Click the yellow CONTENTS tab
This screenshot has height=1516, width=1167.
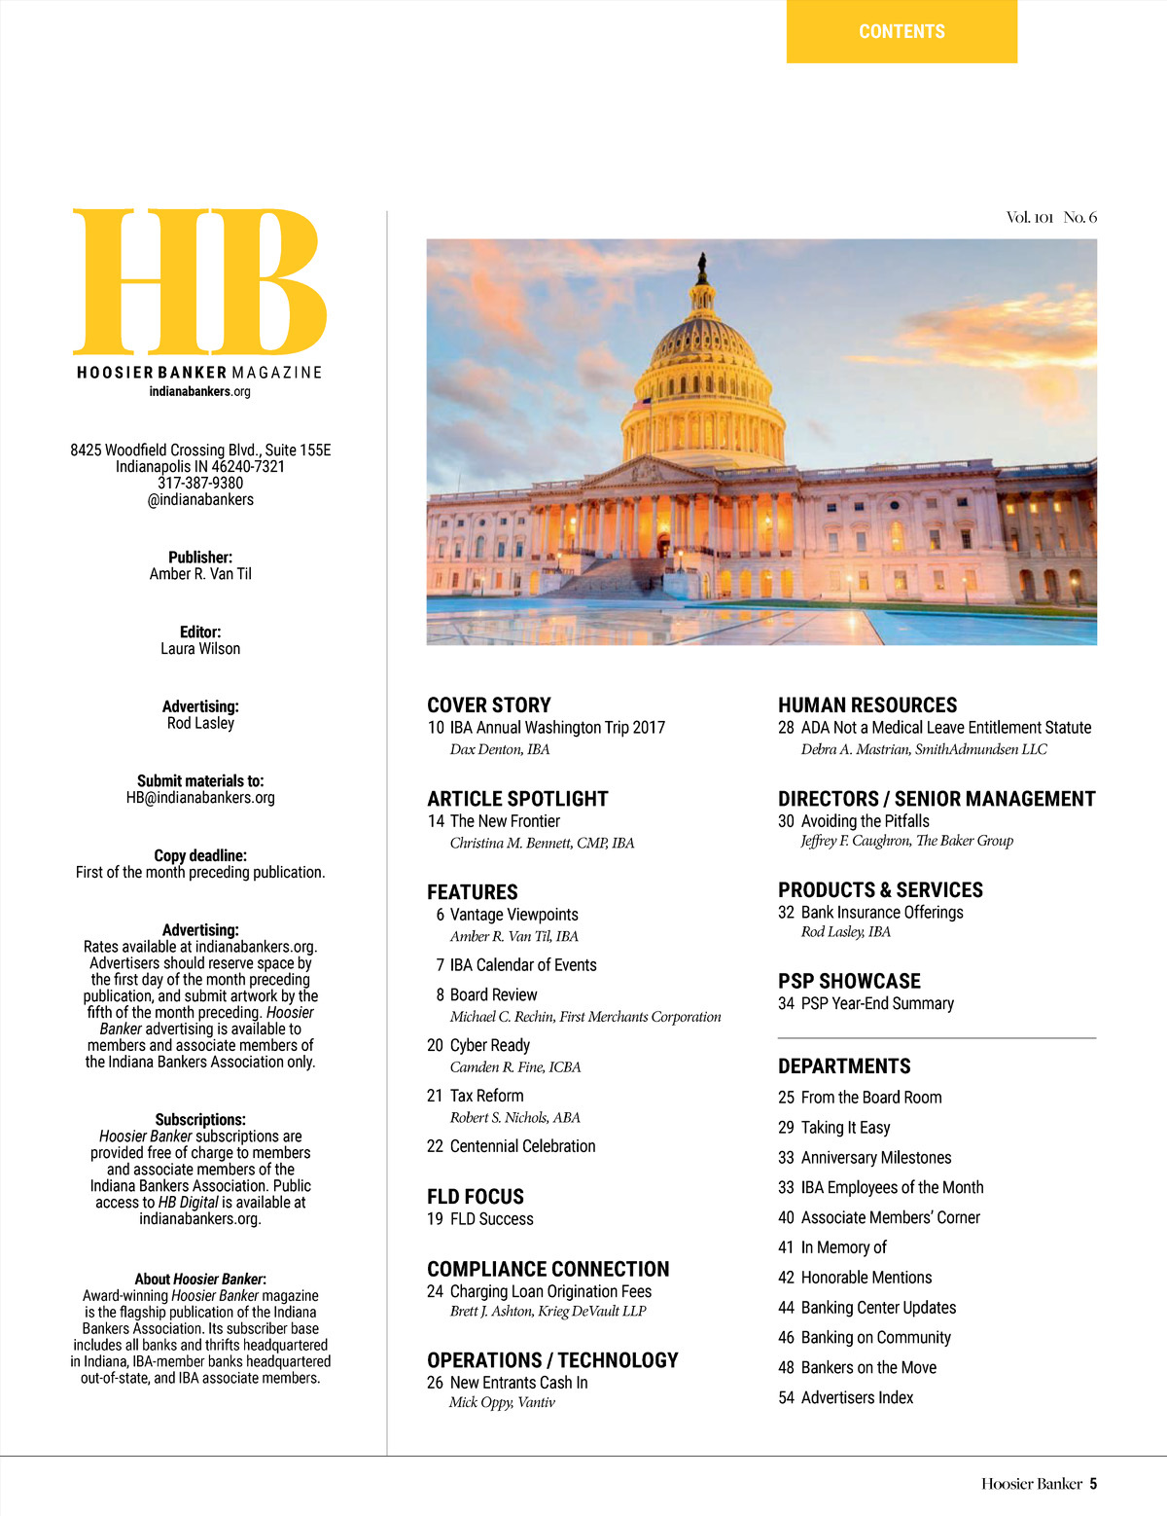(902, 32)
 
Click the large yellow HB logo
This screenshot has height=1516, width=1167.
(199, 281)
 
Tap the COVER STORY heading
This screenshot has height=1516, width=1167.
(489, 705)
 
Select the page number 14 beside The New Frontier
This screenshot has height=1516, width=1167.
(436, 821)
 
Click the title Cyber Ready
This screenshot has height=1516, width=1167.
(490, 1045)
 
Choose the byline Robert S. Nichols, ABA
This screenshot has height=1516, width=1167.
(515, 1117)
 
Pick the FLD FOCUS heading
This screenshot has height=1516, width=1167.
(476, 1197)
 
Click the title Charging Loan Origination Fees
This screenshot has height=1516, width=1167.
(550, 1291)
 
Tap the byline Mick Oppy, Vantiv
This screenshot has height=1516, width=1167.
(502, 1402)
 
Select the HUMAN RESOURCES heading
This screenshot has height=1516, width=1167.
(867, 705)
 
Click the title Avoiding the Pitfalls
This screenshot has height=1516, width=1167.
(865, 821)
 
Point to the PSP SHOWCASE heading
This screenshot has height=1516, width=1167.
(849, 981)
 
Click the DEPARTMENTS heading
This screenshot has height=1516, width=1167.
(844, 1066)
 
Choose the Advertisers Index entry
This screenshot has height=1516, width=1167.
(857, 1397)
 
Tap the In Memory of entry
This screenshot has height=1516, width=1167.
(843, 1247)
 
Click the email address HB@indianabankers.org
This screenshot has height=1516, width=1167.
(200, 798)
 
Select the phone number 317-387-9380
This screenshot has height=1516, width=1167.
(200, 483)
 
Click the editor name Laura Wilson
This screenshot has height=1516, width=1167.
(200, 649)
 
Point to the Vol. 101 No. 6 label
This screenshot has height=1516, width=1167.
(1051, 217)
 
